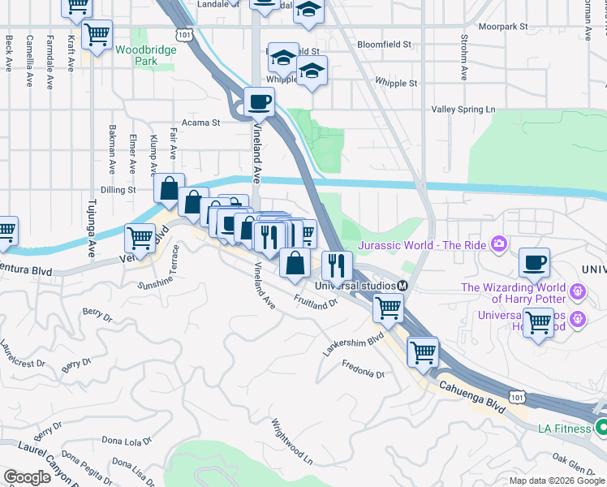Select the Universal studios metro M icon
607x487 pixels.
[402, 286]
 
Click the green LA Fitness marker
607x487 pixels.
[601, 427]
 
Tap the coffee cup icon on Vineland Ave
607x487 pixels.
[259, 103]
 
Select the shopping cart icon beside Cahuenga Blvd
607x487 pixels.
[423, 352]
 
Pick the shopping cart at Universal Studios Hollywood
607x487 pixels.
[538, 322]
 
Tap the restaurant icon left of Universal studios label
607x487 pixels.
[335, 265]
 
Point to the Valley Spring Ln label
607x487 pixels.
[463, 109]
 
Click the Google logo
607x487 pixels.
[28, 476]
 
